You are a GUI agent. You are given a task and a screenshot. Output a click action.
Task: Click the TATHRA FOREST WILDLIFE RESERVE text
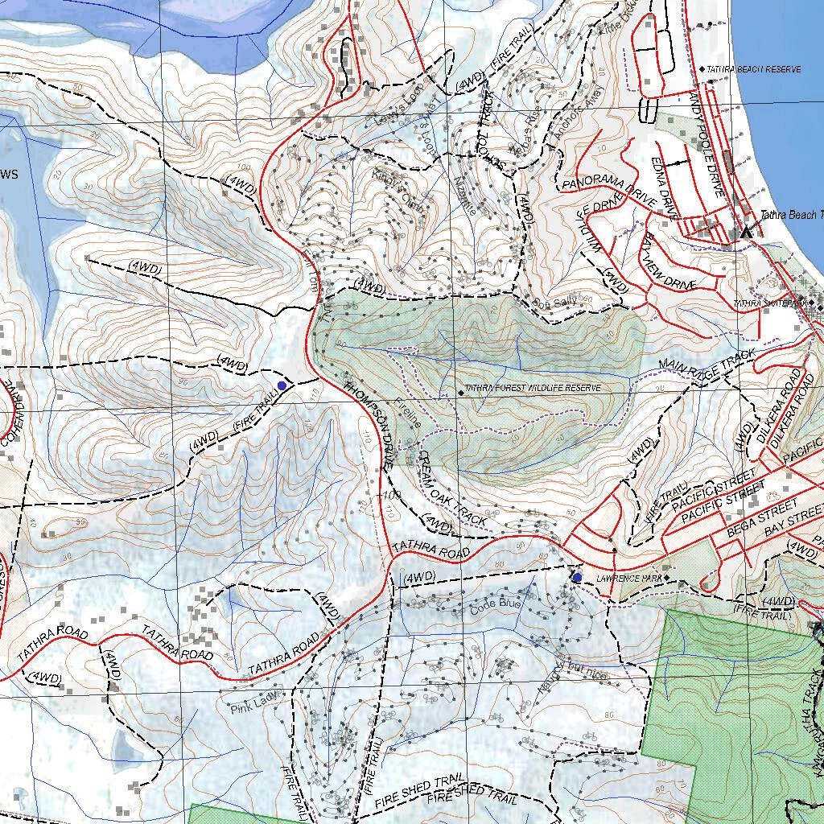pyautogui.click(x=532, y=388)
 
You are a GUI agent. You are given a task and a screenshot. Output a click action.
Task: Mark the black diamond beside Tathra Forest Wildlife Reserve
pyautogui.click(x=460, y=392)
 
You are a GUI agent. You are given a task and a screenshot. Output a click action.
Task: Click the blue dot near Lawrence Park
pyautogui.click(x=577, y=578)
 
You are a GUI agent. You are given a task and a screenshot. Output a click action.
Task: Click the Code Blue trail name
pyautogui.click(x=496, y=605)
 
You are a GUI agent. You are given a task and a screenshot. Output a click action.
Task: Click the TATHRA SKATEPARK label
pyautogui.click(x=769, y=303)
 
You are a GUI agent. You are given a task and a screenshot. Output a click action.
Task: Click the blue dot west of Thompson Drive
pyautogui.click(x=282, y=387)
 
